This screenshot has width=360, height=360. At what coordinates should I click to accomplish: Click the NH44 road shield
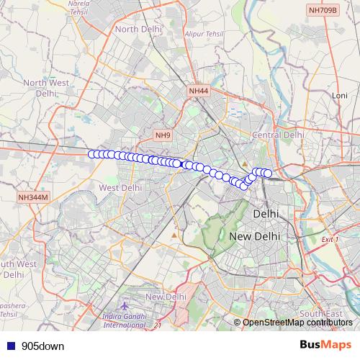point(198,91)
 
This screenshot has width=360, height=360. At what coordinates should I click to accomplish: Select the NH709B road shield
point(321,10)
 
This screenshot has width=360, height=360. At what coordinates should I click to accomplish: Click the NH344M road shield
point(33,197)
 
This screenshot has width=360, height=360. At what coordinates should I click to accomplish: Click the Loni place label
point(339,95)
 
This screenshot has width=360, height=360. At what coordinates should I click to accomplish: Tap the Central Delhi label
point(278,135)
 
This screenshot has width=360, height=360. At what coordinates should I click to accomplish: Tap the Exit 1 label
point(330,239)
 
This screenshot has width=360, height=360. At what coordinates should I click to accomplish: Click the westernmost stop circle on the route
point(92,154)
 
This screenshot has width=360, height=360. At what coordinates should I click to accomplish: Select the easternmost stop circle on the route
point(268,173)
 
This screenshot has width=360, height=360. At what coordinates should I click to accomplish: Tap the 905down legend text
point(42,346)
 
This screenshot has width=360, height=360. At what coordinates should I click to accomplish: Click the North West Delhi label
point(45,88)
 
